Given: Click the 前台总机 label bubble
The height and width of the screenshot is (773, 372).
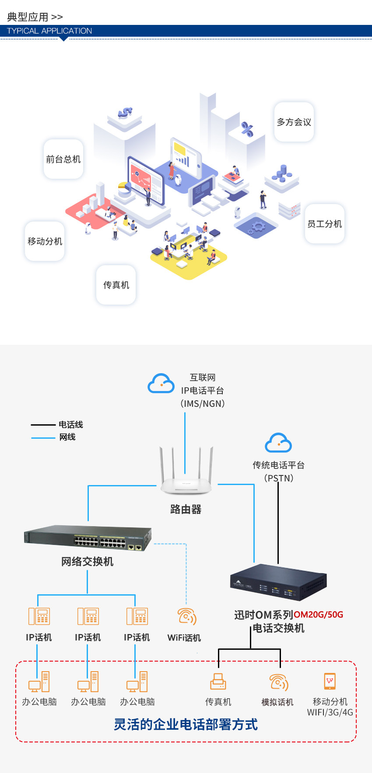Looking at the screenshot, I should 63,159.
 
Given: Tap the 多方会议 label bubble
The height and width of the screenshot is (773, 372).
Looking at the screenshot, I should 294,122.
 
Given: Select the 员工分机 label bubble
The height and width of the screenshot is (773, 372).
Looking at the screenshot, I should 324,224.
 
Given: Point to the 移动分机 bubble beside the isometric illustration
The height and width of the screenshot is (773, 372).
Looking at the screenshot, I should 45,241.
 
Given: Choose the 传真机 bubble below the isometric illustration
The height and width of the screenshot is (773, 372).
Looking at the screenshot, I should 116,285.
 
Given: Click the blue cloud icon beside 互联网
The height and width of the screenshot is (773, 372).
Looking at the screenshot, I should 161,384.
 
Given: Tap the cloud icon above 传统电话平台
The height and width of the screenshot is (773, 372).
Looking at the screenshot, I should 278,443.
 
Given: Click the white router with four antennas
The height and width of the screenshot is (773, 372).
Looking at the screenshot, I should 186,476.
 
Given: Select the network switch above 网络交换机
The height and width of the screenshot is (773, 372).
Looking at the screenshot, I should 88,537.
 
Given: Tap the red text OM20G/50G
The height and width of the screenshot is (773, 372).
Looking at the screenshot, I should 318,615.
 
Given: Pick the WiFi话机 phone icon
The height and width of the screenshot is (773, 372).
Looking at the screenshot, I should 186,617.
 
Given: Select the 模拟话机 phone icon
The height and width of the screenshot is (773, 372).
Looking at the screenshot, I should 278,682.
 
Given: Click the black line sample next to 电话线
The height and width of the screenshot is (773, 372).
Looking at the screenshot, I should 43,425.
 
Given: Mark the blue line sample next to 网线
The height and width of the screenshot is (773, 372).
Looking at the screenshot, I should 43,437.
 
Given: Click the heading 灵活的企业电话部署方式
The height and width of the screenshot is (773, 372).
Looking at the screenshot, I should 186,724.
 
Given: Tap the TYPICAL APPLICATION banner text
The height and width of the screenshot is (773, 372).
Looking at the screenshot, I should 49,31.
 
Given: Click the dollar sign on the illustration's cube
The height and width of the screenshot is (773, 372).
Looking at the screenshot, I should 125,113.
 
